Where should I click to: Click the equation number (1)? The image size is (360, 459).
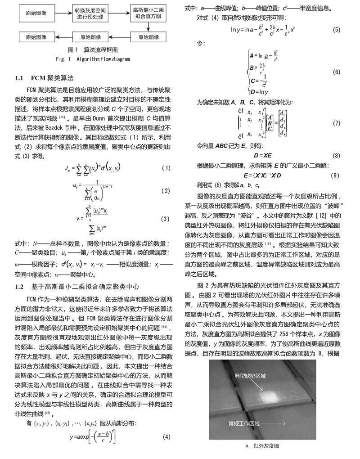166,168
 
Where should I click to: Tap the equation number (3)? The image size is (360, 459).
166,219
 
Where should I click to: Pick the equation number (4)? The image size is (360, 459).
166,437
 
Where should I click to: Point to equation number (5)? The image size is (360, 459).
336,30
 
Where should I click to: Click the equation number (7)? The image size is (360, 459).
336,123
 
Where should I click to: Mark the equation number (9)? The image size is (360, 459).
334,175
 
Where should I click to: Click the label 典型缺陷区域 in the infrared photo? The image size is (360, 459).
251,375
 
